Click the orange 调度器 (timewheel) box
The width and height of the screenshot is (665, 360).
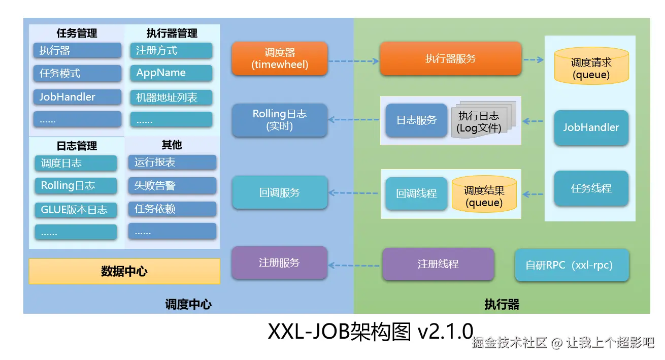(279, 58)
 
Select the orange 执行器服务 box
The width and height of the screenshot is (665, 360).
(450, 58)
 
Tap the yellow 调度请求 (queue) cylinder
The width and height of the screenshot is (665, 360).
(591, 68)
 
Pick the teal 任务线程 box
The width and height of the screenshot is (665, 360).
(591, 188)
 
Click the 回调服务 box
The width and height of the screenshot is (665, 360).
(279, 192)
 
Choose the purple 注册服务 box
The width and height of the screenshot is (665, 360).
(279, 263)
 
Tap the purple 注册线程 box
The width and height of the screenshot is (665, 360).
(438, 264)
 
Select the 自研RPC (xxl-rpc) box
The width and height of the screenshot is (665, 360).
(572, 265)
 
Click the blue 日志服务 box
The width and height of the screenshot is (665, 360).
(416, 120)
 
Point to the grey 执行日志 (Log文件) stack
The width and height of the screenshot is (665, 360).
(480, 122)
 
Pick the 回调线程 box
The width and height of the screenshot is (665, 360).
(416, 193)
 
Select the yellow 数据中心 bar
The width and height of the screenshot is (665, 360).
(124, 271)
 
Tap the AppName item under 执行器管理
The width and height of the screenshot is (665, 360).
(171, 73)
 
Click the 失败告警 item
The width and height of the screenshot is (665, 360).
(172, 186)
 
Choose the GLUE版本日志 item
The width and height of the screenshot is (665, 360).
(76, 210)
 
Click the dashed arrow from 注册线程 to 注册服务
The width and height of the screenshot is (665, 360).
(355, 265)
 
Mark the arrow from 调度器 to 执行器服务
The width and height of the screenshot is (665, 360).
(354, 61)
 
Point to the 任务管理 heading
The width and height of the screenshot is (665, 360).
(77, 34)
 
